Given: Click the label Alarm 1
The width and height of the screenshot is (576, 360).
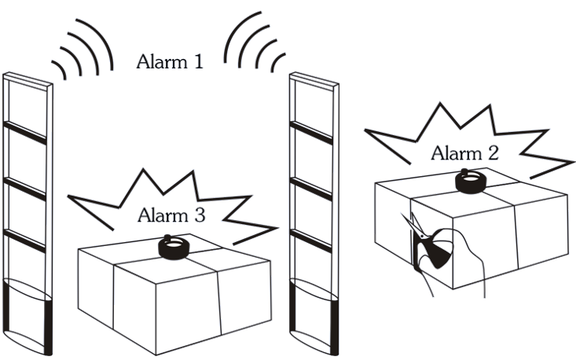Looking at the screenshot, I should [x=170, y=61].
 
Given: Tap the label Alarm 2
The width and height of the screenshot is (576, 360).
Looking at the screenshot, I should [x=464, y=153].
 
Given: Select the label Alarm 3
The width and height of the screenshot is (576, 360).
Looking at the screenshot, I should [x=171, y=214].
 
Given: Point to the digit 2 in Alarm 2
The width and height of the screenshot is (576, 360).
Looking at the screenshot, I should [x=493, y=153].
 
